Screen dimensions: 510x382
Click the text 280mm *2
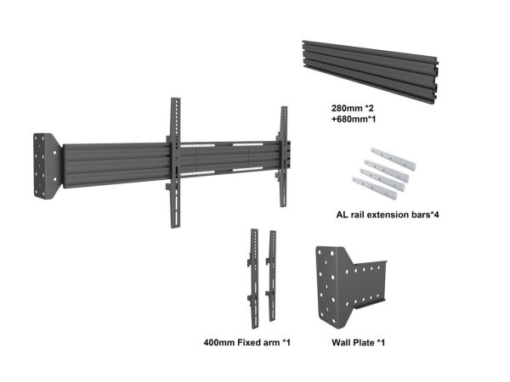353,108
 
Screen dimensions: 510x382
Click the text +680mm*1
354,119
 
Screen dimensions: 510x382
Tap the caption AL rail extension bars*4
388,215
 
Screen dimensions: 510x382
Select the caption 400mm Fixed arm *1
246,342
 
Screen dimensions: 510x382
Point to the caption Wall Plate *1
358,342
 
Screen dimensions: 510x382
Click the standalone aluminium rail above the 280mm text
371,72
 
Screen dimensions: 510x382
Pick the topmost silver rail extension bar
394,159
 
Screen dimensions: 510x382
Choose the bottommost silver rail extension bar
375,188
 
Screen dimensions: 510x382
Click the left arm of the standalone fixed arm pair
253,278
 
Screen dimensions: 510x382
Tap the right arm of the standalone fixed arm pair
271,276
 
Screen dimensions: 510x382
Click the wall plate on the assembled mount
48,166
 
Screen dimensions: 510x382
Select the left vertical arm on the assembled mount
175,162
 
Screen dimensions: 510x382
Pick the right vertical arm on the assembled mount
283,156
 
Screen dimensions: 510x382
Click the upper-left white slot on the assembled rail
197,145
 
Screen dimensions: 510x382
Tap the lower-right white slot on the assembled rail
247,169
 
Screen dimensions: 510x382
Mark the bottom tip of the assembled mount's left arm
175,228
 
